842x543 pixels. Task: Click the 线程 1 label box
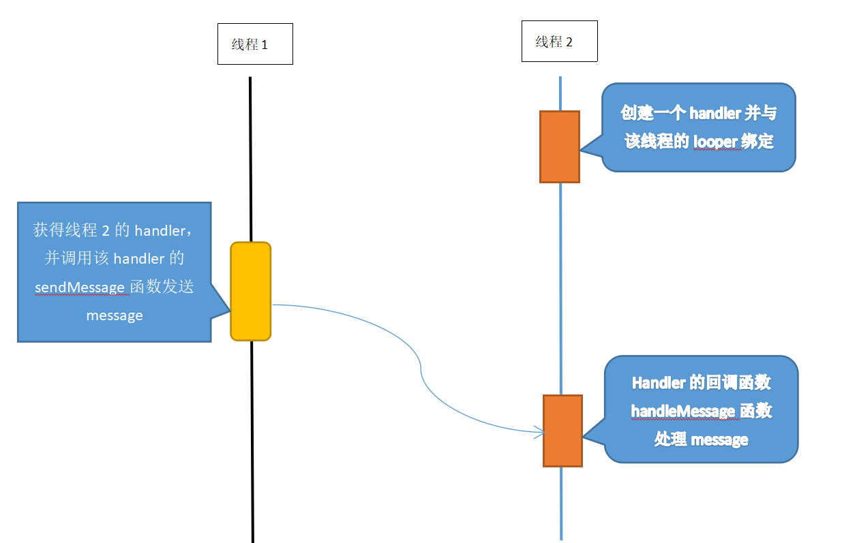(255, 44)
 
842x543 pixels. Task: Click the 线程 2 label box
(559, 42)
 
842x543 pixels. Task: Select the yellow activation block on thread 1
(251, 291)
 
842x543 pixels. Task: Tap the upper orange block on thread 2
(559, 146)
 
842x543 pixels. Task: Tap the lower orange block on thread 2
(562, 431)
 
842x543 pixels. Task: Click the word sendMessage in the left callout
(80, 288)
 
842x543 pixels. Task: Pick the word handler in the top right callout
(715, 113)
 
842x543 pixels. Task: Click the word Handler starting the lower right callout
(658, 383)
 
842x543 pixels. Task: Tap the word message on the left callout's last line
(115, 315)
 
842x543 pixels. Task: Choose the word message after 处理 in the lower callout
(719, 440)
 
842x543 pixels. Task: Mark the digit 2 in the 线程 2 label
(569, 42)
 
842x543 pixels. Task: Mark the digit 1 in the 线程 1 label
(265, 45)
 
